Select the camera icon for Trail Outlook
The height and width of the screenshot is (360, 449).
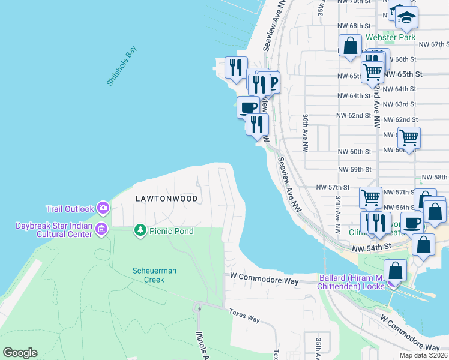tap(103, 208)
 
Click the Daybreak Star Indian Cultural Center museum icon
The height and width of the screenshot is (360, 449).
tap(101, 229)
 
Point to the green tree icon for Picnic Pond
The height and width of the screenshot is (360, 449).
tap(140, 230)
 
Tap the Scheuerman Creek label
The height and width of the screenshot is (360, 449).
tap(154, 275)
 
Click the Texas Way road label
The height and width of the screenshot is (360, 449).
tap(244, 315)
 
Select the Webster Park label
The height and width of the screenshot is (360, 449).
tap(391, 37)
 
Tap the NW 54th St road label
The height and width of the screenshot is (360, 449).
tap(372, 248)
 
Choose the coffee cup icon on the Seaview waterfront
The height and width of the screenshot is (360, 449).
tap(248, 106)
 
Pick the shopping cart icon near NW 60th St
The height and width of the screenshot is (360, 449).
tap(409, 137)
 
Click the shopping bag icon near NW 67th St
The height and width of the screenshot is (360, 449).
tap(350, 45)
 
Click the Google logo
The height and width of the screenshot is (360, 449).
tap(20, 353)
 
